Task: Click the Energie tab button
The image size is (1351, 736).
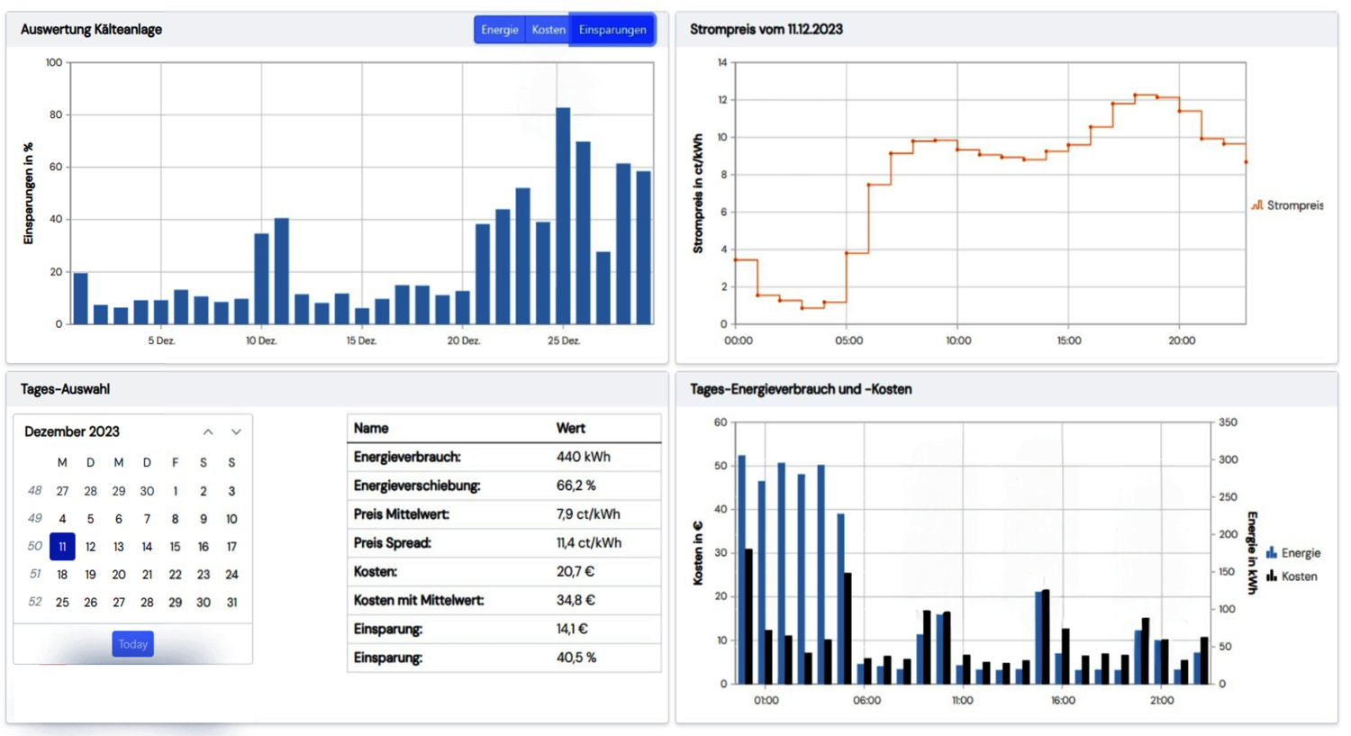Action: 499,30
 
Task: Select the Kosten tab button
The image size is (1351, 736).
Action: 548,30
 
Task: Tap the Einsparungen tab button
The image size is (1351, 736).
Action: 612,30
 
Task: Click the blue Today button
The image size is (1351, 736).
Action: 132,644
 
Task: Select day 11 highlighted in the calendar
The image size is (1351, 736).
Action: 62,547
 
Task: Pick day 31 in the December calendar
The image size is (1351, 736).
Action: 231,603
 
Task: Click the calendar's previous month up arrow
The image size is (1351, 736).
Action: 208,432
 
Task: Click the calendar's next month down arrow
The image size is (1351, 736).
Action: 236,432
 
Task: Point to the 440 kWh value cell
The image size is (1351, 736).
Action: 583,457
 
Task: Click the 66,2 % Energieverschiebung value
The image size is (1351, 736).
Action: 576,486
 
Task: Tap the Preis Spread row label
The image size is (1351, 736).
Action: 392,543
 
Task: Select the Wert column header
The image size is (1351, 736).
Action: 570,429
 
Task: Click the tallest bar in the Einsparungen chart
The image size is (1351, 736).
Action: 563,216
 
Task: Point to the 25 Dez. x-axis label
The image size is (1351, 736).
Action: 564,341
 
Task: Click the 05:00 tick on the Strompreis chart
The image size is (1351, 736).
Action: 848,341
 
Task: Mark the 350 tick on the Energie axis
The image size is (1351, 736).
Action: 1228,423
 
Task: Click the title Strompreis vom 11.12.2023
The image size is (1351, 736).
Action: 766,30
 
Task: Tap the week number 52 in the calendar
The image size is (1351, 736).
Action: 34,603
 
